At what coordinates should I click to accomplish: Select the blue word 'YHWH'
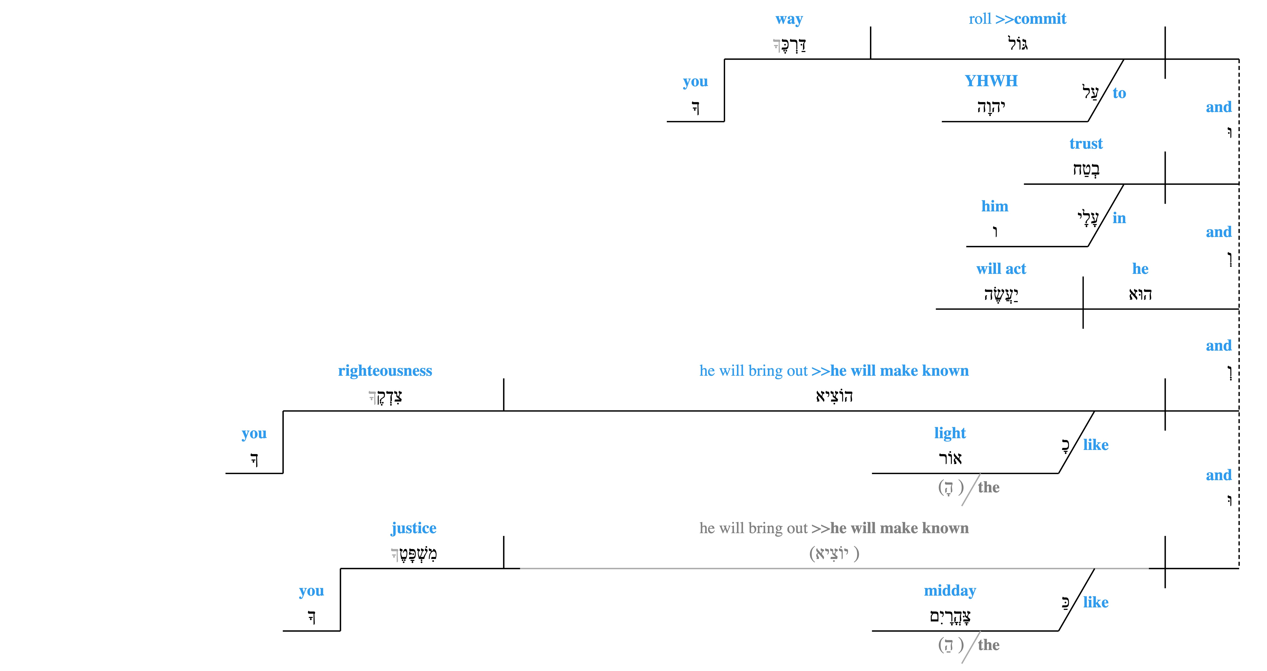coord(991,81)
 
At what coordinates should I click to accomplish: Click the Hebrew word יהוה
coord(991,106)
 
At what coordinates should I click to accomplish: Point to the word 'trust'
coord(1086,144)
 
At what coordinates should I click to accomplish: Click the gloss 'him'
coord(994,206)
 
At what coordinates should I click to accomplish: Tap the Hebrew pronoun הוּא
coord(1140,294)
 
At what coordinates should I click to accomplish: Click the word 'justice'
coord(414,528)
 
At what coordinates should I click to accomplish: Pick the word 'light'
coord(950,433)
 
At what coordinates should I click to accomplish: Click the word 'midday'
coord(950,590)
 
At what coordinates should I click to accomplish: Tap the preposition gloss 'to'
coord(1119,93)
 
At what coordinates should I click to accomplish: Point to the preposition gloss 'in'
coord(1119,218)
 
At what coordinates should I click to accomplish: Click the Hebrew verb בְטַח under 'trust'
coord(1086,169)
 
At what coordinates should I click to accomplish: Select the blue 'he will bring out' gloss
coord(754,371)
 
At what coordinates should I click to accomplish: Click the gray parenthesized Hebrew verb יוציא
coord(834,553)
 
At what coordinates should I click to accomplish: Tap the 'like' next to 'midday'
coord(1096,602)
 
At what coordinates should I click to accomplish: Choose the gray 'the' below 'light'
coord(989,487)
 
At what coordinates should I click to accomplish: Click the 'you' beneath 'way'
coord(695,82)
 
